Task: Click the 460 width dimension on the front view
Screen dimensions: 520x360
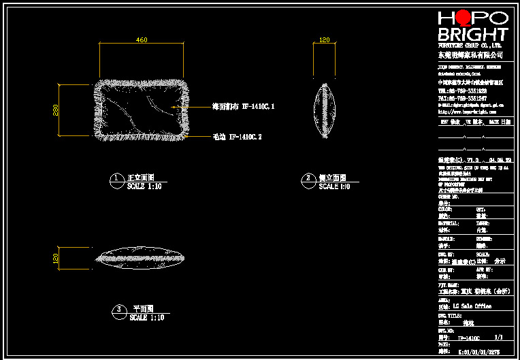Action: coord(142,40)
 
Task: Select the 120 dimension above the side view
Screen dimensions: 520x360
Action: coord(325,40)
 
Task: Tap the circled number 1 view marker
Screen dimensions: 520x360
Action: coord(116,180)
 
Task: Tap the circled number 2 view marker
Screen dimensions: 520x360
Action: coord(308,180)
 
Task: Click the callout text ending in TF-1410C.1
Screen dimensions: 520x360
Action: coord(243,107)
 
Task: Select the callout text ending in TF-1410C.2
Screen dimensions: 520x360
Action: coord(237,137)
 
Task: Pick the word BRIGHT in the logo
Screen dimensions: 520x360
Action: coord(472,34)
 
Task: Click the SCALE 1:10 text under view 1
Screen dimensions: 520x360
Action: coord(144,186)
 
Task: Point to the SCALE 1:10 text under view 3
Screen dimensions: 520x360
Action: coord(146,318)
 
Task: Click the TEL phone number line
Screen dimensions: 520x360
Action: coord(462,91)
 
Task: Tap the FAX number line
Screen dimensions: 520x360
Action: coord(462,98)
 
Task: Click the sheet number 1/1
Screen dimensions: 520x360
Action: coord(498,338)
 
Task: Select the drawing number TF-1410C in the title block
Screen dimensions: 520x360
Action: coord(468,338)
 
